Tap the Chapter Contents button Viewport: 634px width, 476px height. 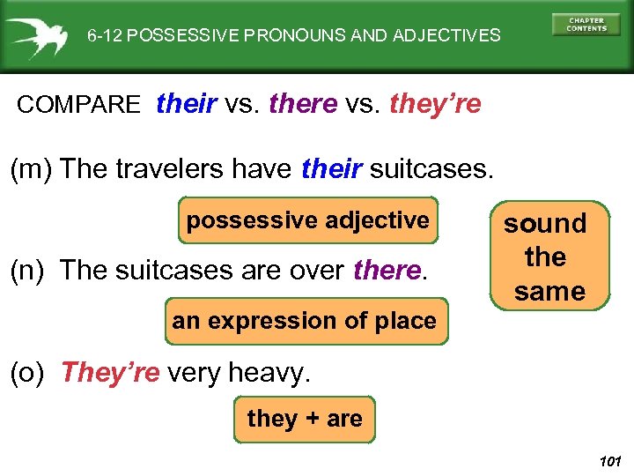point(586,24)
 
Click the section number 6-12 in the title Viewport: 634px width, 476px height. point(105,36)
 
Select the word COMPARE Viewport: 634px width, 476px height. point(78,105)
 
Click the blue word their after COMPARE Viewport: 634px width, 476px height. point(187,104)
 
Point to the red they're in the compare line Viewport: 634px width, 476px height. point(435,104)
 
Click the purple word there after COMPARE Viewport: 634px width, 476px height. point(303,104)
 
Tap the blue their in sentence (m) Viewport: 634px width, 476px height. point(331,168)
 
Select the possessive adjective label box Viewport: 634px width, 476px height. point(308,220)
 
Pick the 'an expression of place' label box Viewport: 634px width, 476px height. point(305,321)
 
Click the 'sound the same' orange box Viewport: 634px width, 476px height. point(547,257)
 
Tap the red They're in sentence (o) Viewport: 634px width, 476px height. point(110,373)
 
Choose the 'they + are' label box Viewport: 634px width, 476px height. point(305,419)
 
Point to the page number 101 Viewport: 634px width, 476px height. point(609,461)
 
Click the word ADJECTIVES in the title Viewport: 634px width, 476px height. point(450,36)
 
